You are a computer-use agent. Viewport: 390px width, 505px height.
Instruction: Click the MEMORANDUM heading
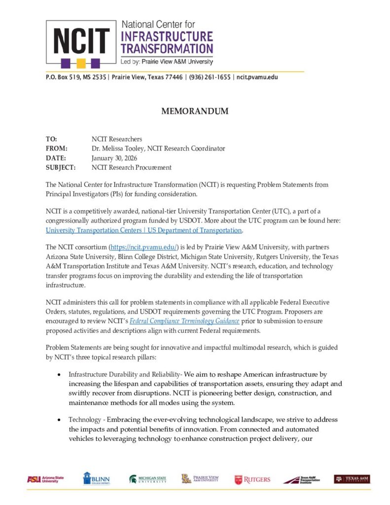195,111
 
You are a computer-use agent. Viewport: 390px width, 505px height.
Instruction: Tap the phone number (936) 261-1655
210,77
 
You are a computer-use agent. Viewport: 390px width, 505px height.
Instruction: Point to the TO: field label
51,139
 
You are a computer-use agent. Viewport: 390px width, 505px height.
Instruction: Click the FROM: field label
56,148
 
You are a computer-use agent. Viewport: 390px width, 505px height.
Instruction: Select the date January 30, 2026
114,158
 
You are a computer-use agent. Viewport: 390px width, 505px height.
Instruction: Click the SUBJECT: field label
60,167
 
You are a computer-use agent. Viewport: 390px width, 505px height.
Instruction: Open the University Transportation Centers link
143,230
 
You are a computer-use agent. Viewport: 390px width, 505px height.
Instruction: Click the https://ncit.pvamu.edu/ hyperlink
142,247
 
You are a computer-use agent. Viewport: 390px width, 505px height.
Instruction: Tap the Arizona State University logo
43,479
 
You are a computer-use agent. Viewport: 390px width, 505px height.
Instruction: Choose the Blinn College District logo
96,478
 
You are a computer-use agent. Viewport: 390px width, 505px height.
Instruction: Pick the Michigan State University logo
148,479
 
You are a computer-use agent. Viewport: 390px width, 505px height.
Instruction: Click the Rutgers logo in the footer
252,479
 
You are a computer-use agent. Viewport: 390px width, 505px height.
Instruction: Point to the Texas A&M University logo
352,479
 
